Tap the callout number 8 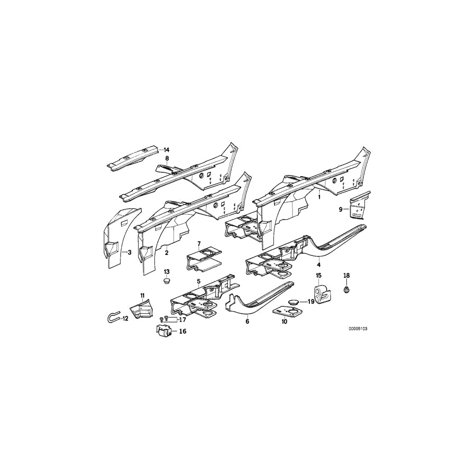pyautogui.click(x=167, y=158)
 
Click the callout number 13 pyautogui.click(x=167, y=271)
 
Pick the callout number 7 pyautogui.click(x=199, y=244)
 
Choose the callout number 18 pyautogui.click(x=347, y=276)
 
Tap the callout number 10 pyautogui.click(x=284, y=321)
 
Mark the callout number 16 pyautogui.click(x=183, y=332)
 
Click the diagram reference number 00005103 pyautogui.click(x=358, y=328)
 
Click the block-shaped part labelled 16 pyautogui.click(x=166, y=332)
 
